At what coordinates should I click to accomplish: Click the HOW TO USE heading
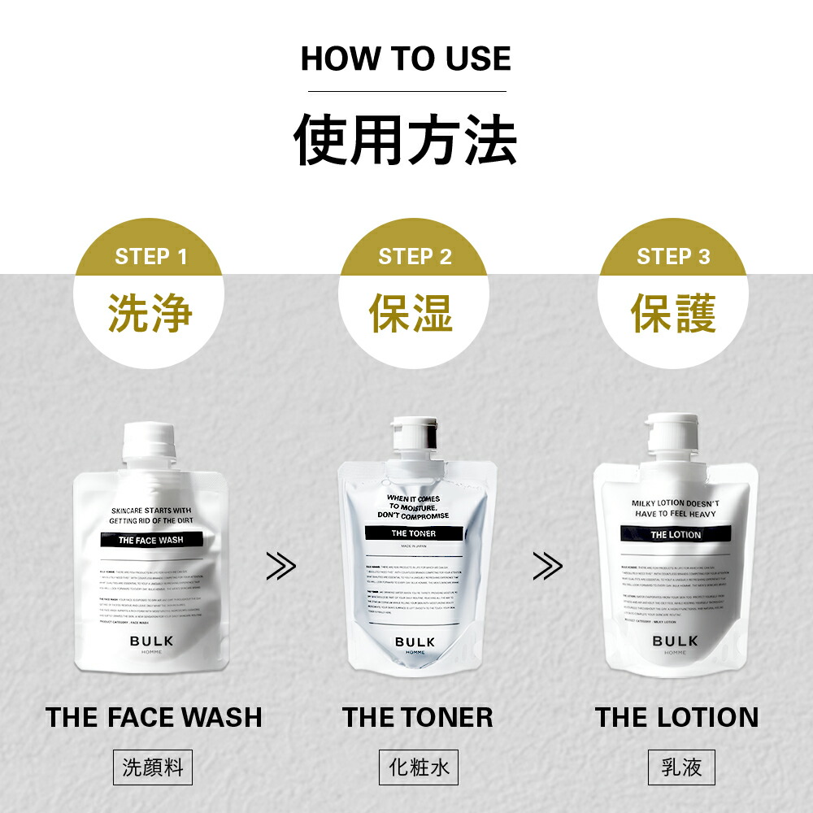pos(406,59)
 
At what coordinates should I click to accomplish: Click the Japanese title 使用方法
pos(406,141)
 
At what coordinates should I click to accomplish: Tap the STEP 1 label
pos(151,257)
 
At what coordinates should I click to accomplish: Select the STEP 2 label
pos(415,257)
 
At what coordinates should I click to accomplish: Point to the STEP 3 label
pos(673,257)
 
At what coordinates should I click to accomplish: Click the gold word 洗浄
pos(151,313)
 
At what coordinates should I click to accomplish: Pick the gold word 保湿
pos(411,313)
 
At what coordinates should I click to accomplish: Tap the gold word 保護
pos(673,313)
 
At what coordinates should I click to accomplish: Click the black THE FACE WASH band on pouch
pos(150,540)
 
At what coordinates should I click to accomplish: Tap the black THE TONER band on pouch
pos(414,533)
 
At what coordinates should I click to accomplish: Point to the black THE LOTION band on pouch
pos(675,534)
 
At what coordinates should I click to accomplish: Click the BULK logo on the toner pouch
pos(415,642)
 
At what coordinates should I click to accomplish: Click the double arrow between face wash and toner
pos(281,566)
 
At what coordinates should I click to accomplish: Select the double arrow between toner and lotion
pos(546,566)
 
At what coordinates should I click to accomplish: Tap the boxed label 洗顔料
pos(153,767)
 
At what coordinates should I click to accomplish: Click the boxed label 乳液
pos(681,767)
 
